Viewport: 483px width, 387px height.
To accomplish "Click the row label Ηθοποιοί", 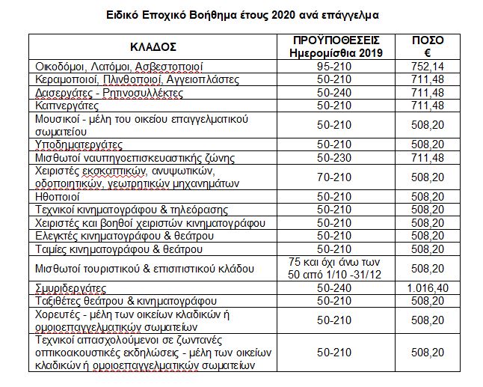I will tap(64, 196).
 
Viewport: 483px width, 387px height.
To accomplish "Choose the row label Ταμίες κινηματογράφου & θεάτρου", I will tap(119, 248).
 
